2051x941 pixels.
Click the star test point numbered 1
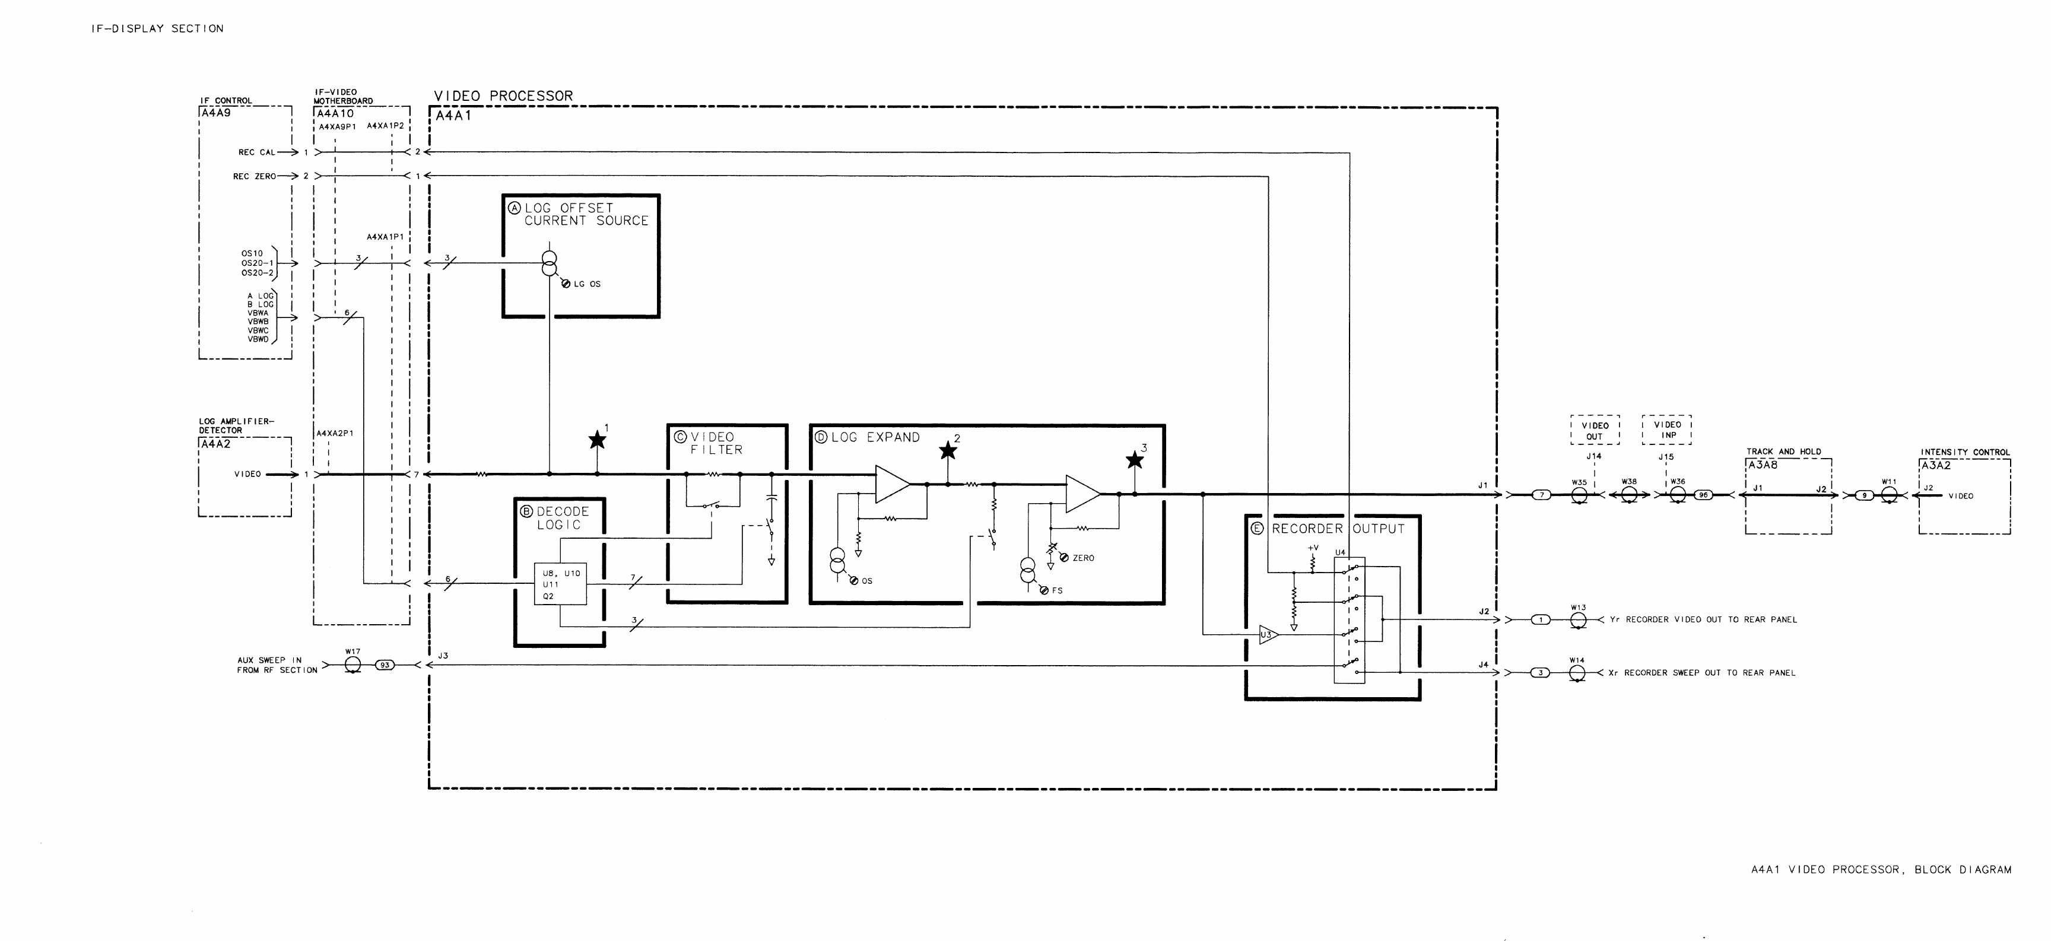597,440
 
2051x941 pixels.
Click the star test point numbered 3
1135,460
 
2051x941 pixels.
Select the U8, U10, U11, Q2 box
560,584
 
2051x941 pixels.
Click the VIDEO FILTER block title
716,443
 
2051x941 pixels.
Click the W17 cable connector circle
353,665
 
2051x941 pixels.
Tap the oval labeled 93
385,665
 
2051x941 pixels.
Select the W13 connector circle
1578,620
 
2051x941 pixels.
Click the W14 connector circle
1577,673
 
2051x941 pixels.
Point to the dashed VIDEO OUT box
1595,430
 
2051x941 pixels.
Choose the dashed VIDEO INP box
1667,429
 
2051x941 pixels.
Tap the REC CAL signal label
256,152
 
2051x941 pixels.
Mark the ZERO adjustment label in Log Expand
1083,558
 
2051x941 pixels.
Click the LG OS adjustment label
587,284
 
